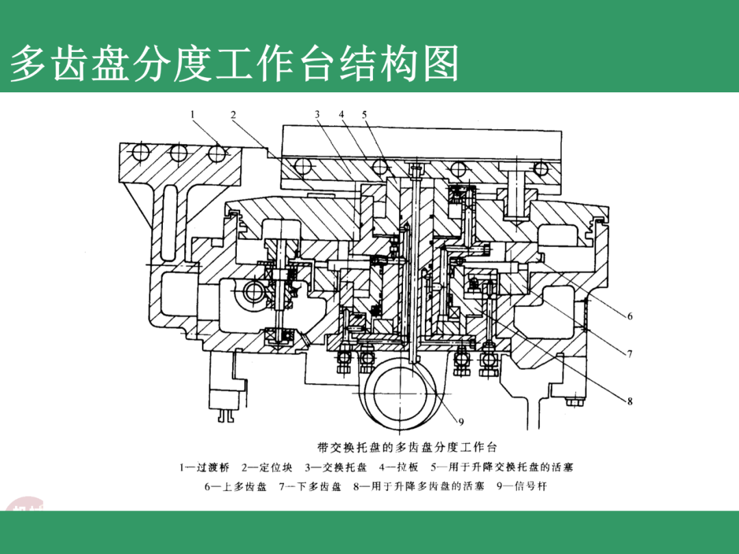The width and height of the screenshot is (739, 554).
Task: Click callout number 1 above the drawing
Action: point(194,114)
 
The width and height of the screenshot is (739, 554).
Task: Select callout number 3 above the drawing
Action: point(317,114)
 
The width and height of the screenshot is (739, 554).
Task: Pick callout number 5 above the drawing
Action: point(364,114)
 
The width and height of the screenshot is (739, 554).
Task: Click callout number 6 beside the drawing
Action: point(630,316)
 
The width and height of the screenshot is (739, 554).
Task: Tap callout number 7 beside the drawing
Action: point(630,354)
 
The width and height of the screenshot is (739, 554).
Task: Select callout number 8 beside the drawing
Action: point(630,401)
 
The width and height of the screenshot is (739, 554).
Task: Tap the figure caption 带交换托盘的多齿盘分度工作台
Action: point(406,448)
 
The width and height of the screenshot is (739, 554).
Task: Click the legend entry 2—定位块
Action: point(267,468)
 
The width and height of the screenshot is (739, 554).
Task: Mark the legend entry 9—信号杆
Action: point(521,487)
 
